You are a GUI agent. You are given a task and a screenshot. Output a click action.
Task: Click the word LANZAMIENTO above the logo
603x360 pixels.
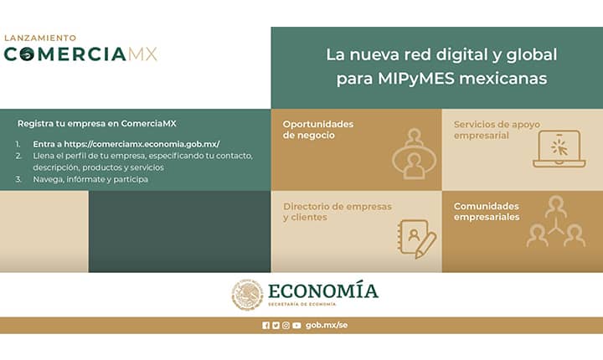40,38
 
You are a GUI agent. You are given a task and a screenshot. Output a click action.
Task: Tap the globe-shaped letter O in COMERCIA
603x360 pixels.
27,54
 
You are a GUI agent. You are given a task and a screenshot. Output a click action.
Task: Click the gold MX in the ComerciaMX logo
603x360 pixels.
142,54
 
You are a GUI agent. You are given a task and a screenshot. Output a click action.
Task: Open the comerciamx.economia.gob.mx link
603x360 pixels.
142,144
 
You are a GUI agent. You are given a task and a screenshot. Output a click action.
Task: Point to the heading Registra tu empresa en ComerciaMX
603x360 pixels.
97,123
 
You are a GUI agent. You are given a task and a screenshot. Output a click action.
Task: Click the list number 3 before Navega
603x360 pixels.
18,179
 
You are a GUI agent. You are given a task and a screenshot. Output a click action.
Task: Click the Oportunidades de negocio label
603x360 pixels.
318,130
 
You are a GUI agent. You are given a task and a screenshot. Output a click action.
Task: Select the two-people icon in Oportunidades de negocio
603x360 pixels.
415,154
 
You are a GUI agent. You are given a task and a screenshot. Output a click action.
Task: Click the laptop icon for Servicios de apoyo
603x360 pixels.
559,148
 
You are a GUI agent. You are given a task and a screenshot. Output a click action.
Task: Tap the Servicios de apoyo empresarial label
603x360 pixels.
497,130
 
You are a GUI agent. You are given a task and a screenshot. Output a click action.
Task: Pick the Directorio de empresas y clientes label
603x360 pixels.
338,212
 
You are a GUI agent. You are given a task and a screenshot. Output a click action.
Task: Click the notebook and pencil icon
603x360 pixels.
417,239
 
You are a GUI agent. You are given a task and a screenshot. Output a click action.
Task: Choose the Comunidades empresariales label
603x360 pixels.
487,212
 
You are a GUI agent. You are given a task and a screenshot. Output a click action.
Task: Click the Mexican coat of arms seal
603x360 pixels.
247,295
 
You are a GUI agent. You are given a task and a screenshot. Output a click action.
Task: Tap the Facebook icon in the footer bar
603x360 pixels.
265,326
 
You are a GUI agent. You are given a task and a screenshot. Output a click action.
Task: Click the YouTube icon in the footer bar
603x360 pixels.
296,326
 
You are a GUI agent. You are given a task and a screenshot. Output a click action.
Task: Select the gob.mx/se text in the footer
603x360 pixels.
327,326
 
